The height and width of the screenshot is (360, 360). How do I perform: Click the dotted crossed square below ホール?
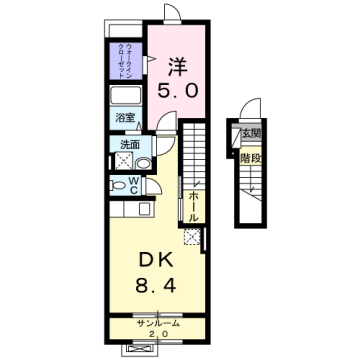pyautogui.click(x=193, y=237)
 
